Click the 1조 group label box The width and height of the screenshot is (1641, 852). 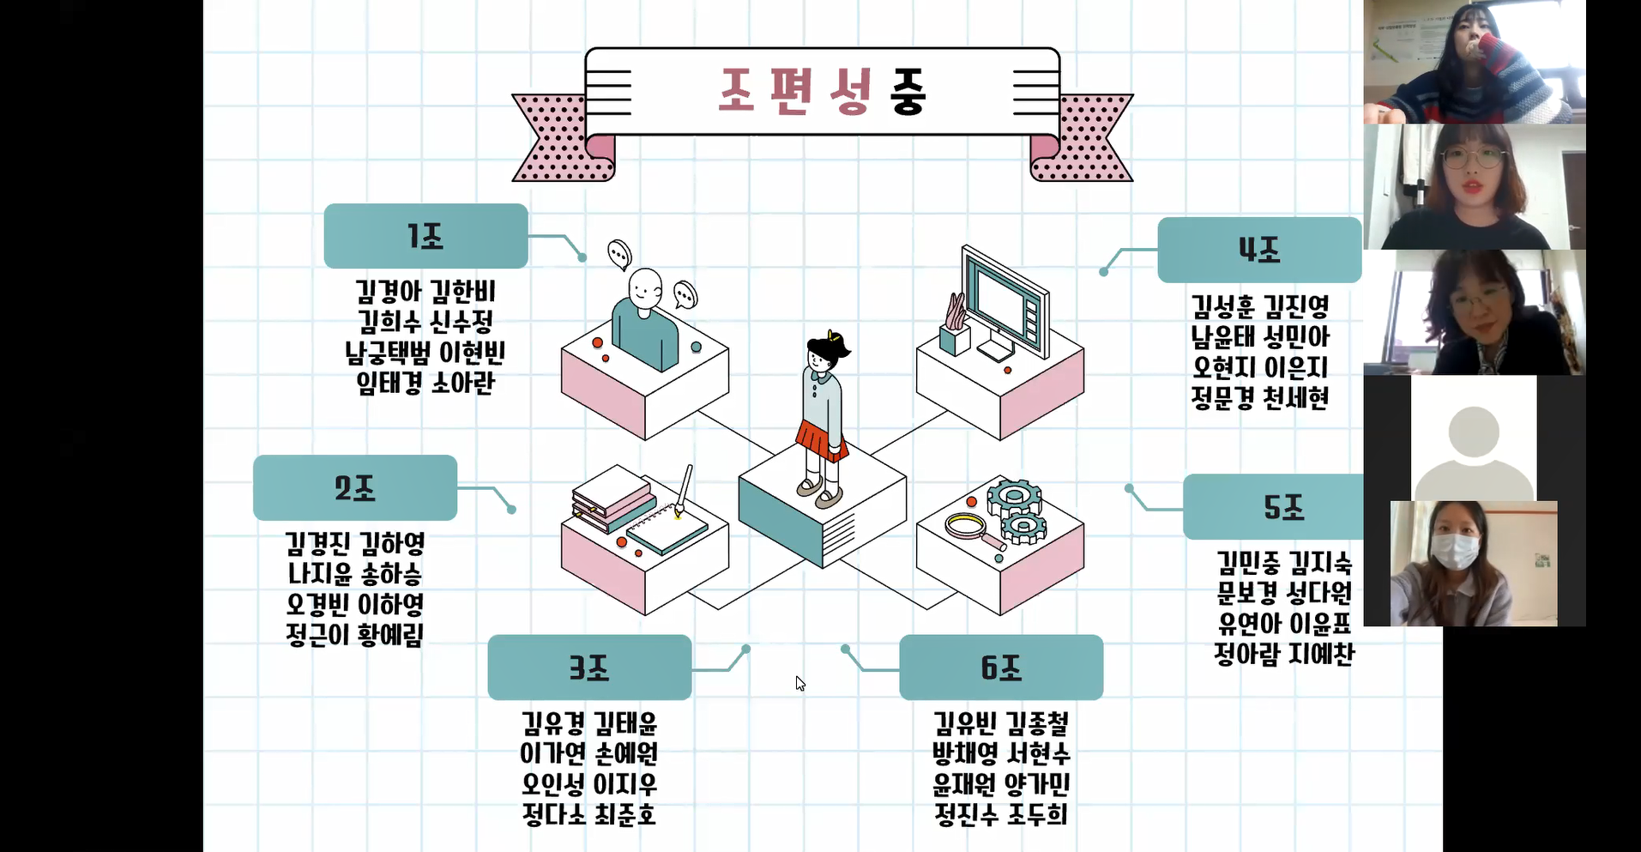(x=425, y=236)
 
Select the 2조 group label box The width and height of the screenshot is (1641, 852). (x=354, y=487)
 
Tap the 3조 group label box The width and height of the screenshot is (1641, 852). (x=589, y=668)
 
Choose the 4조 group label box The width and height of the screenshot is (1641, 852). (x=1259, y=250)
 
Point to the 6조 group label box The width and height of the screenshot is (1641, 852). (x=1001, y=668)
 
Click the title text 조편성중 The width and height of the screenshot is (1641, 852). (x=822, y=91)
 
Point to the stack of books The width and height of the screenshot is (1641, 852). (x=611, y=498)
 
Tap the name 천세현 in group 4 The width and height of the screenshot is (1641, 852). (x=1296, y=398)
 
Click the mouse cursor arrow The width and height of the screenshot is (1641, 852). (x=799, y=683)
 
